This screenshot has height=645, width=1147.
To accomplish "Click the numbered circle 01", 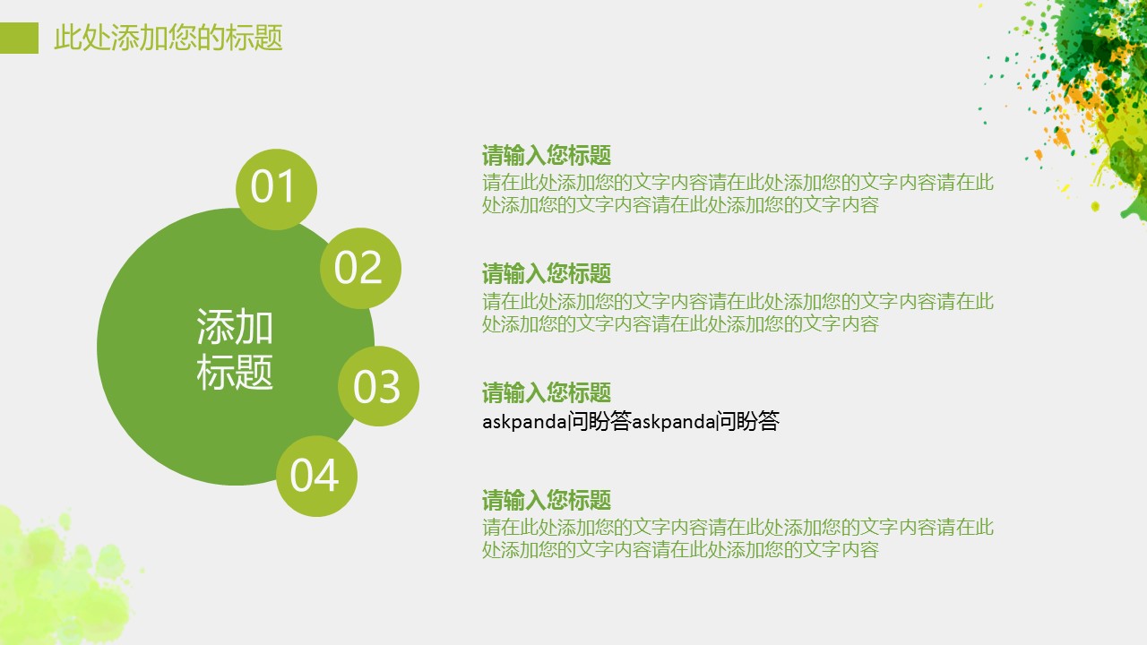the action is [x=277, y=189].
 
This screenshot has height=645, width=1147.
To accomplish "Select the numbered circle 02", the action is [x=360, y=268].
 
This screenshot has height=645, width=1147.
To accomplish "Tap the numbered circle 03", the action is [x=378, y=386].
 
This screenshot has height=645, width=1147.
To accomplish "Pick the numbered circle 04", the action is [x=316, y=476].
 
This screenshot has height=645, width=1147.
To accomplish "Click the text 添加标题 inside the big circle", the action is [x=235, y=349].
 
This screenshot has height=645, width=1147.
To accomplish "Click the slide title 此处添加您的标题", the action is [x=168, y=38].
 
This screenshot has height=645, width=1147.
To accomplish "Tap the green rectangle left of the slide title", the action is [x=19, y=38].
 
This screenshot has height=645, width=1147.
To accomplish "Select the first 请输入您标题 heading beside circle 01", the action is [x=547, y=155].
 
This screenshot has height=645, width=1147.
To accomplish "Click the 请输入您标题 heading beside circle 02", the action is [x=547, y=273].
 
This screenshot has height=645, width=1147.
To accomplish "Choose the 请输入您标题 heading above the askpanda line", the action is [x=547, y=392].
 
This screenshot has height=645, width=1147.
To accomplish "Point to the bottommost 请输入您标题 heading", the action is [x=547, y=500].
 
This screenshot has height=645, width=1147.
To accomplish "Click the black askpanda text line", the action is [x=631, y=421].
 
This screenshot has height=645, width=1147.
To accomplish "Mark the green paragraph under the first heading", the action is [x=737, y=193].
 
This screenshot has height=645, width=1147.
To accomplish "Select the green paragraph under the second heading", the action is [x=737, y=313].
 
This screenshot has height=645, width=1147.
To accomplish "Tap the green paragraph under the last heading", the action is [x=737, y=538].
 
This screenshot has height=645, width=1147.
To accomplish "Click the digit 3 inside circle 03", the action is [x=389, y=387].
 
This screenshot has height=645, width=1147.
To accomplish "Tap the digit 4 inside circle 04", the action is [x=327, y=476].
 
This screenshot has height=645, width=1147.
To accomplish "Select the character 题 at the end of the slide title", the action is [x=268, y=38].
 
